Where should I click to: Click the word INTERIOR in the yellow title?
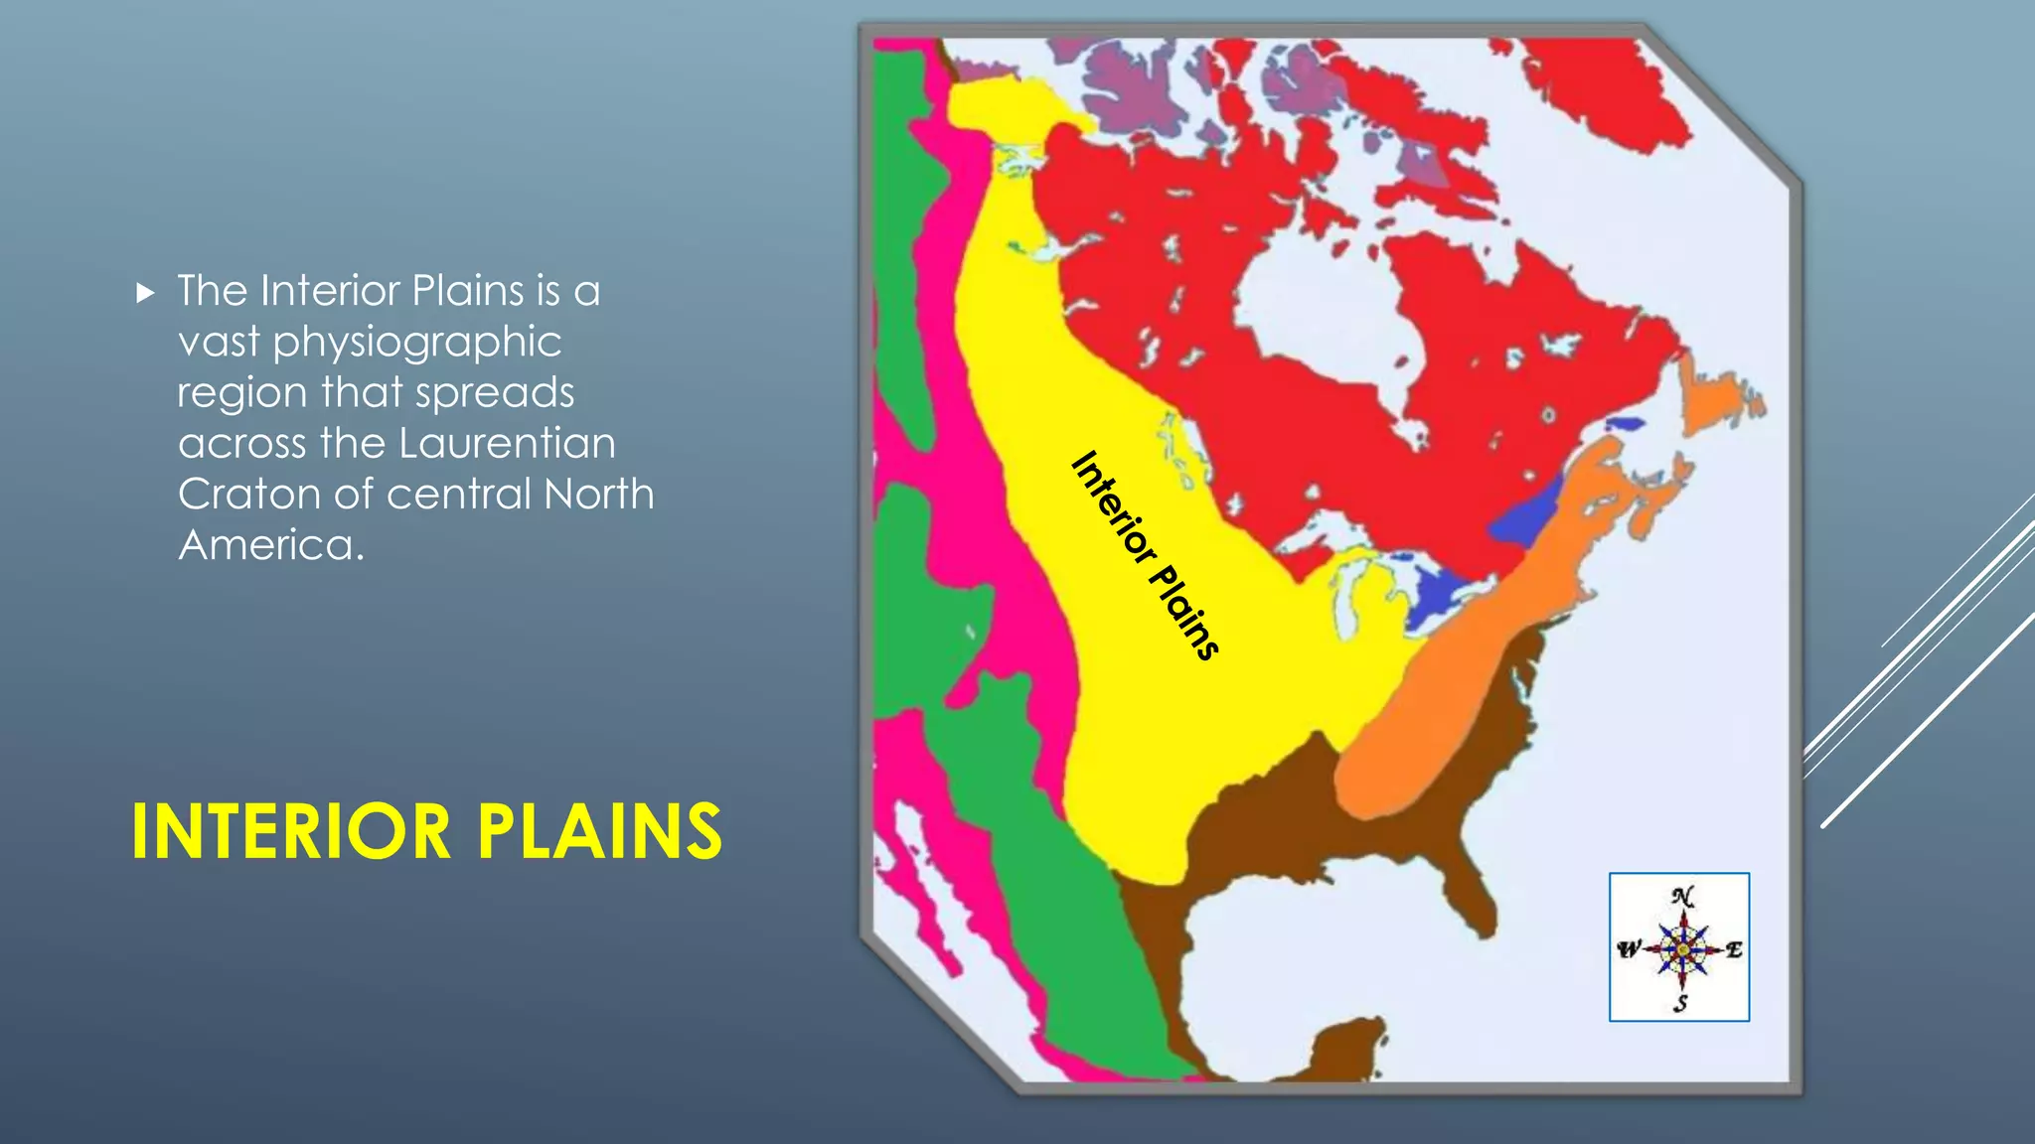[291, 832]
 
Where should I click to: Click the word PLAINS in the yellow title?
[599, 832]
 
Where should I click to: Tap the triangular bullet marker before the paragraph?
[146, 293]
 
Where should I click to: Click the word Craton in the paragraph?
[248, 494]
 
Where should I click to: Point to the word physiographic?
[417, 343]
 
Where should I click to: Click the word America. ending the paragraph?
[271, 544]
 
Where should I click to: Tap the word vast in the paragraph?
[219, 343]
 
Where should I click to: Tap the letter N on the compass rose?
[1682, 897]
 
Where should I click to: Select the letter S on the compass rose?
[1680, 1003]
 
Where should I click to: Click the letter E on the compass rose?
[1734, 950]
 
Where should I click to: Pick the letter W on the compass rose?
[1628, 950]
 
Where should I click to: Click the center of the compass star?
[1682, 950]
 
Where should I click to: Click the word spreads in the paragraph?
[495, 392]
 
